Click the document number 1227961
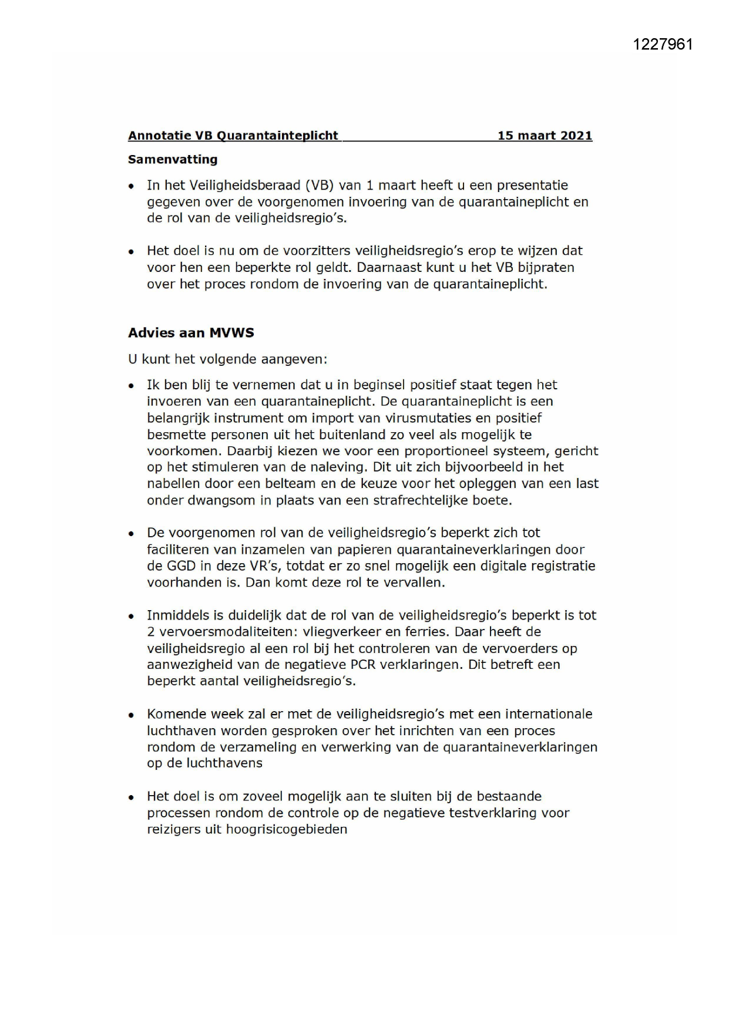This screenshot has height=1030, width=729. pyautogui.click(x=663, y=45)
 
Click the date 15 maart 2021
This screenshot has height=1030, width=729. pyautogui.click(x=545, y=136)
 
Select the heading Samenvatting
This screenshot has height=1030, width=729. pyautogui.click(x=173, y=159)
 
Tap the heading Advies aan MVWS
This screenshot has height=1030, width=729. pyautogui.click(x=191, y=332)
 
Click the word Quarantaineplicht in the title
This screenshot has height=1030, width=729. pyautogui.click(x=278, y=136)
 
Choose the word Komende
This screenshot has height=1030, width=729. pyautogui.click(x=174, y=714)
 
